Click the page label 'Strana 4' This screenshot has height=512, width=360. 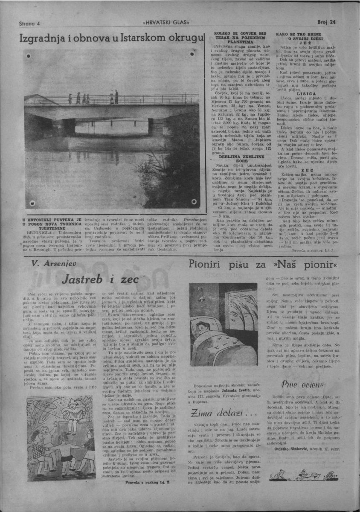(x=29, y=23)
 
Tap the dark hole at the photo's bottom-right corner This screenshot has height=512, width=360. (x=193, y=201)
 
